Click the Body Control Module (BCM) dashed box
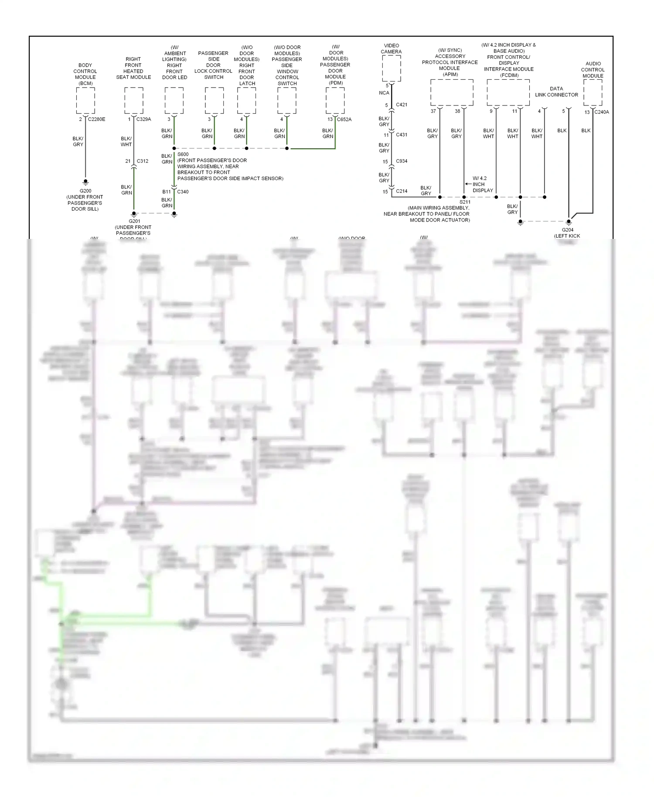pyautogui.click(x=85, y=100)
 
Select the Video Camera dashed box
pyautogui.click(x=391, y=68)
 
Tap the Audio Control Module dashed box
pyautogui.click(x=593, y=92)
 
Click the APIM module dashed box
pyautogui.click(x=452, y=92)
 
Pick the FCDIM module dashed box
pyautogui.click(x=508, y=92)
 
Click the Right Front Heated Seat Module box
pyautogui.click(x=133, y=100)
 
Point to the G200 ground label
pyautogui.click(x=85, y=191)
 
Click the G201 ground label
pyautogui.click(x=134, y=221)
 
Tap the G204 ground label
pyautogui.click(x=567, y=230)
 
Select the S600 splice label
pyautogui.click(x=183, y=154)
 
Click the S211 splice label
pyautogui.click(x=465, y=202)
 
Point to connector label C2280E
pyautogui.click(x=96, y=119)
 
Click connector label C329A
pyautogui.click(x=144, y=119)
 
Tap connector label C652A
pyautogui.click(x=344, y=119)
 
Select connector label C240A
pyautogui.click(x=602, y=112)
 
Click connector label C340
pyautogui.click(x=183, y=192)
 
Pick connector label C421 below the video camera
pyautogui.click(x=402, y=105)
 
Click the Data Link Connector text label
pyautogui.click(x=556, y=92)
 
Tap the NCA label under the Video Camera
pyautogui.click(x=384, y=93)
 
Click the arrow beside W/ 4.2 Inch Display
pyautogui.click(x=468, y=184)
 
